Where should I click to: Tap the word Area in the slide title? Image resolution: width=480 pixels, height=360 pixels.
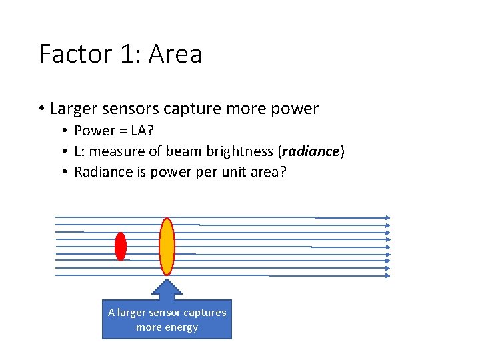click(x=175, y=54)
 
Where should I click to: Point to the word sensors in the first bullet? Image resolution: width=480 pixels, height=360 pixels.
click(x=131, y=109)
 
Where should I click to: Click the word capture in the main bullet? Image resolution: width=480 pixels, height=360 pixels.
click(x=189, y=109)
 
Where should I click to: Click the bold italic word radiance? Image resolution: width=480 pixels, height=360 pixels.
click(x=310, y=151)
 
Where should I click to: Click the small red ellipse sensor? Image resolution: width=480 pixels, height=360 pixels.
click(x=121, y=246)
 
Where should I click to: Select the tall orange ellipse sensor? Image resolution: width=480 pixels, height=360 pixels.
click(x=167, y=246)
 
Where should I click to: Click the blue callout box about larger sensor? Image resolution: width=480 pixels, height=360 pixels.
click(x=167, y=320)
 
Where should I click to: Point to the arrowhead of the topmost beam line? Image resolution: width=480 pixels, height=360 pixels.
click(x=387, y=217)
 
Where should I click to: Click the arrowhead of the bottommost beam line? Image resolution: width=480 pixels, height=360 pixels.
click(x=387, y=275)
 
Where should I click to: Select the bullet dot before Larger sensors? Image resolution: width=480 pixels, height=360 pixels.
click(x=41, y=109)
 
